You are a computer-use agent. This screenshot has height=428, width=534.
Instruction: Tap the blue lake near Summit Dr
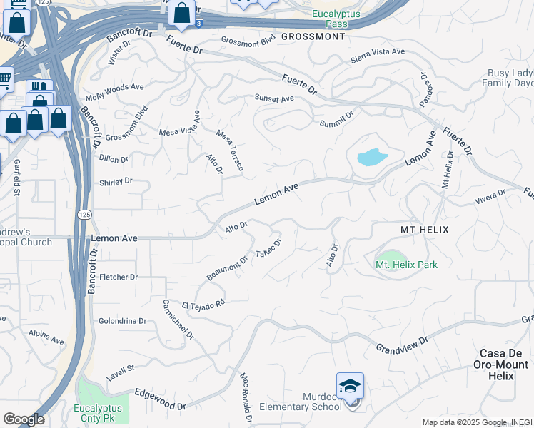point(371,157)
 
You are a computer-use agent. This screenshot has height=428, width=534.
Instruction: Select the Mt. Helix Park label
point(406,265)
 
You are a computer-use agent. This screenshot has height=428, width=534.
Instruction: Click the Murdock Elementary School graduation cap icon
point(350,386)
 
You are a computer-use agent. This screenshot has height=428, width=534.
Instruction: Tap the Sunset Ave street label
point(274,98)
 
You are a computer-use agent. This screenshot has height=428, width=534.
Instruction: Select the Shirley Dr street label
point(116,181)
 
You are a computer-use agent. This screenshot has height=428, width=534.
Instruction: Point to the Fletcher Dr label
point(119,277)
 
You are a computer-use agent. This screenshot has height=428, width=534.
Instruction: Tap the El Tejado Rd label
point(203,302)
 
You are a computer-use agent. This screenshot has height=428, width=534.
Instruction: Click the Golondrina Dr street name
point(121,321)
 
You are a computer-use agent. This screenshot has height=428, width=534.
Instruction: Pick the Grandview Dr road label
point(402,344)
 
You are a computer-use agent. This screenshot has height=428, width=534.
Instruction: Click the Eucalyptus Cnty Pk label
point(99,413)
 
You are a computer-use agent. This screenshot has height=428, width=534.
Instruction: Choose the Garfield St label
point(16,177)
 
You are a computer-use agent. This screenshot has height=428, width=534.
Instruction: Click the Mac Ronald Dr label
point(246,397)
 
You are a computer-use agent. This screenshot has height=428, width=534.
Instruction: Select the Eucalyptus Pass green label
point(330,19)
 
